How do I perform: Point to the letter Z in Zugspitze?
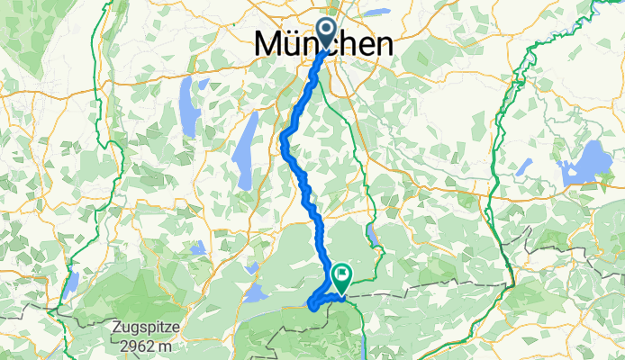(x=119, y=327)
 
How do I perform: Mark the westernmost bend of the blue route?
(x=284, y=137)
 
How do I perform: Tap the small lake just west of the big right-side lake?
(x=525, y=166)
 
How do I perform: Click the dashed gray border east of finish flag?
(x=423, y=284)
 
